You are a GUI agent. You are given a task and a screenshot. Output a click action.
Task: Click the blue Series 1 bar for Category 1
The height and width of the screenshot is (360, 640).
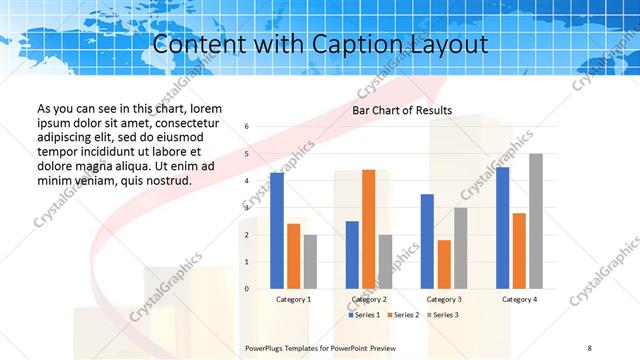click(x=277, y=230)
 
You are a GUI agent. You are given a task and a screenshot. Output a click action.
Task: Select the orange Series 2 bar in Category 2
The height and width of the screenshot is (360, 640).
click(x=369, y=229)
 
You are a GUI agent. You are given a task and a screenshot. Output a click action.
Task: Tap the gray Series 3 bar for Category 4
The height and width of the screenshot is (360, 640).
click(x=536, y=221)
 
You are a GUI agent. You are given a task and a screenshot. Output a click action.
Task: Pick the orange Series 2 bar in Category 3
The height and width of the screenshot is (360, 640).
click(x=444, y=264)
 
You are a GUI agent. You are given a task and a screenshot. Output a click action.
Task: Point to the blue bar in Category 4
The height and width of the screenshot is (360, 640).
click(x=502, y=228)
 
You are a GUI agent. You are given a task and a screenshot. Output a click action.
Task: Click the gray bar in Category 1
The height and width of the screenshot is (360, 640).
click(x=310, y=262)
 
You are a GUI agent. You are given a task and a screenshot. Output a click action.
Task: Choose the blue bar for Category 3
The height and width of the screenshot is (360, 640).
click(x=427, y=241)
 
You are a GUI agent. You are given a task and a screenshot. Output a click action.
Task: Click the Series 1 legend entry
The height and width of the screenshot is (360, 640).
click(x=365, y=315)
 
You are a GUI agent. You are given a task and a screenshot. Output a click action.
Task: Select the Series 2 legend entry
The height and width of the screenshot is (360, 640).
click(x=404, y=315)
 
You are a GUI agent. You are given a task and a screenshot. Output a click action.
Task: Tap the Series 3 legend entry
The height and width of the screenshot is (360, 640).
click(x=443, y=315)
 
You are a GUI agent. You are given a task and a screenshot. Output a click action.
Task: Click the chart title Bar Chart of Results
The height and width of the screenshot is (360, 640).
click(x=402, y=110)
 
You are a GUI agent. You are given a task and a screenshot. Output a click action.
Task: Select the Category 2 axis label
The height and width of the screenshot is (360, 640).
click(x=369, y=299)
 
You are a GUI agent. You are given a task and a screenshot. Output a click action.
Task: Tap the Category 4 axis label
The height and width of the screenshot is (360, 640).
click(x=519, y=299)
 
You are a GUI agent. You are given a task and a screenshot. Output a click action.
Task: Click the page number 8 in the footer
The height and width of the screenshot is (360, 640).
click(x=590, y=348)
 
